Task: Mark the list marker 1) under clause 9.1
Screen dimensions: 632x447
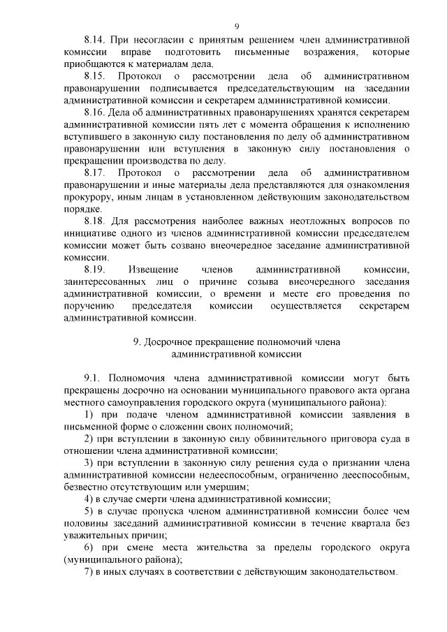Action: [x=88, y=415]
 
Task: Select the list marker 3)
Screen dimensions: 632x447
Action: [x=88, y=462]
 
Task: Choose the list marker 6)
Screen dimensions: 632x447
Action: [x=88, y=547]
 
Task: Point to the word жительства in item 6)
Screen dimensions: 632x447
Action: [x=229, y=547]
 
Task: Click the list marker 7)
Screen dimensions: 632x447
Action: [x=88, y=571]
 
